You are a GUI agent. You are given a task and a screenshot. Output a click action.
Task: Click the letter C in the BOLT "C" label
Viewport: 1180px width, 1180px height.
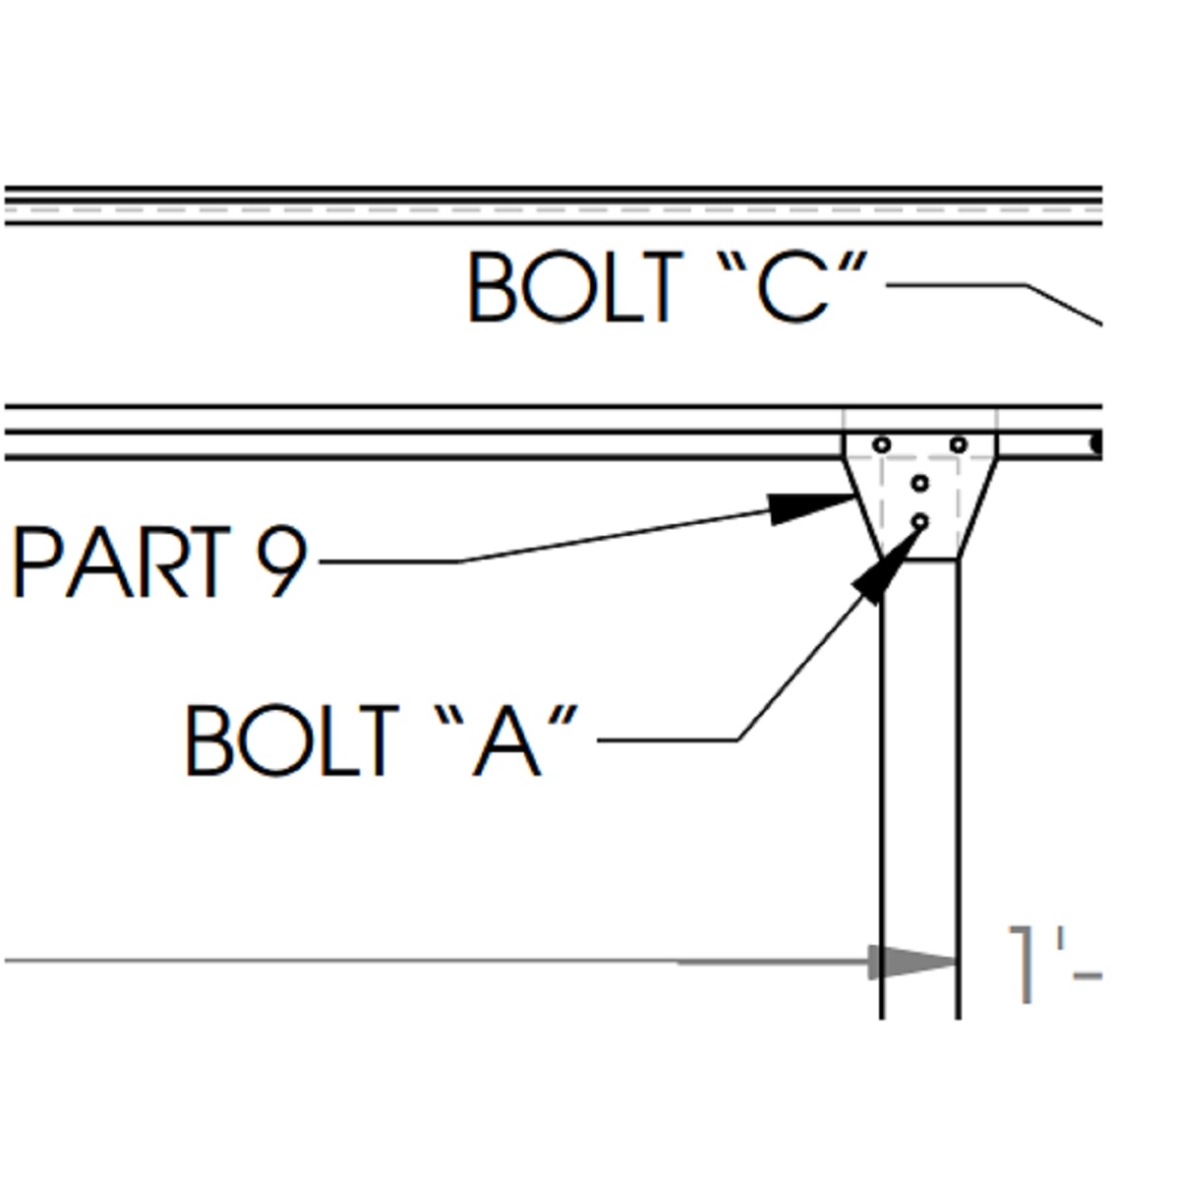793,288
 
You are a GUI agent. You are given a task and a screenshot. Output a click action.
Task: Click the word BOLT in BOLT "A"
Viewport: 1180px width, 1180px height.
292,740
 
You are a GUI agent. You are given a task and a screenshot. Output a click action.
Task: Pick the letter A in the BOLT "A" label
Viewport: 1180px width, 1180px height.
505,741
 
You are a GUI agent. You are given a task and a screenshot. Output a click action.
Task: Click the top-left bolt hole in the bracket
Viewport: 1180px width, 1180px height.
882,445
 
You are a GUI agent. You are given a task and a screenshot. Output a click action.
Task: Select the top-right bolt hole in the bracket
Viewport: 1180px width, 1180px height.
959,445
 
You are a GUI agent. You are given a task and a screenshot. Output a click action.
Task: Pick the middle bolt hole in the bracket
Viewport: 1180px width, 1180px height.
920,483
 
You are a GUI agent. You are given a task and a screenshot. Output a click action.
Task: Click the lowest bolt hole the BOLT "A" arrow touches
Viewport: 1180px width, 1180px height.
920,521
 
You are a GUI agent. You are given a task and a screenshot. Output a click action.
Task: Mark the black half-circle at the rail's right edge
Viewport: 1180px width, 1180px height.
1097,444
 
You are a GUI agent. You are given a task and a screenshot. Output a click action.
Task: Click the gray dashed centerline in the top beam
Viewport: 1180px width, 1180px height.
551,209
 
